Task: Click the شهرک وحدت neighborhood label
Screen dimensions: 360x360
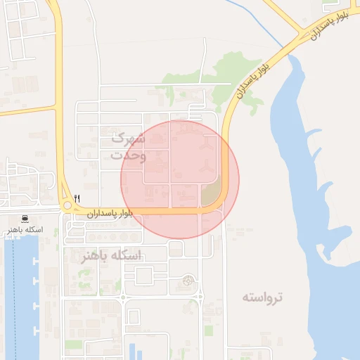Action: [129, 146]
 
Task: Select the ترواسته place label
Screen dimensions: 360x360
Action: [263, 297]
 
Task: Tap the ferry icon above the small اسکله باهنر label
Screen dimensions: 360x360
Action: [25, 219]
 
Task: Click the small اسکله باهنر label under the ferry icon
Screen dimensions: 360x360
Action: [25, 230]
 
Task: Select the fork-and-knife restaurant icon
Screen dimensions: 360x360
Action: [77, 199]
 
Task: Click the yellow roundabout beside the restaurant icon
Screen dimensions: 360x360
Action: [67, 207]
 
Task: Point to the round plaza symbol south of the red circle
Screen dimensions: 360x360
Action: [188, 281]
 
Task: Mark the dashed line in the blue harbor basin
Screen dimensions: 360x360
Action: [14, 295]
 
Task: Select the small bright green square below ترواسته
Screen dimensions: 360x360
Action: [207, 329]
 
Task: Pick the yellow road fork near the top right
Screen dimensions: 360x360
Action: [304, 31]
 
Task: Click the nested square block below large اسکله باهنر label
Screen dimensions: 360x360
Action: [143, 275]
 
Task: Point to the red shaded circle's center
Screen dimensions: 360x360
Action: [180, 180]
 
